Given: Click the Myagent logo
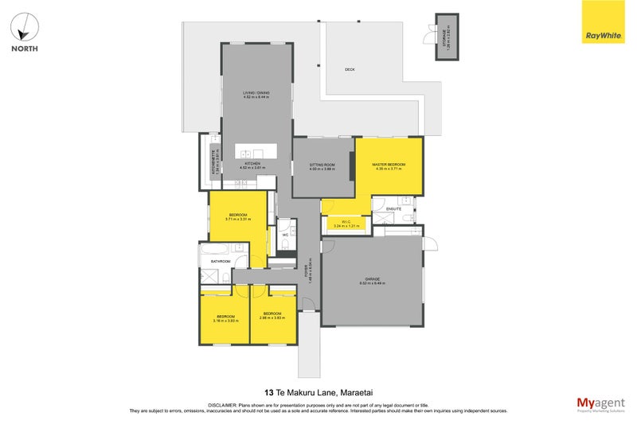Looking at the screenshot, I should [x=599, y=403].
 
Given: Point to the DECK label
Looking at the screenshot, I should [x=350, y=70].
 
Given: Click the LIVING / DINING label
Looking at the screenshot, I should [x=256, y=93].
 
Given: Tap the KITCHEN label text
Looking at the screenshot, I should [x=252, y=164].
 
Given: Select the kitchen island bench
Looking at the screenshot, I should [x=256, y=153].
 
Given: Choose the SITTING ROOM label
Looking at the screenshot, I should [x=322, y=165].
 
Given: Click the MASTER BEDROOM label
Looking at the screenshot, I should [x=389, y=165].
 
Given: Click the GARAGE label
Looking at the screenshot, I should [x=372, y=279].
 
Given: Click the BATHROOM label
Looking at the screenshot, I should [x=220, y=262].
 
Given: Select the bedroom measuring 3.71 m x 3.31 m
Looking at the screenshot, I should [x=238, y=216].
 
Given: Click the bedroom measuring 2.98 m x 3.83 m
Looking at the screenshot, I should [x=272, y=315].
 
